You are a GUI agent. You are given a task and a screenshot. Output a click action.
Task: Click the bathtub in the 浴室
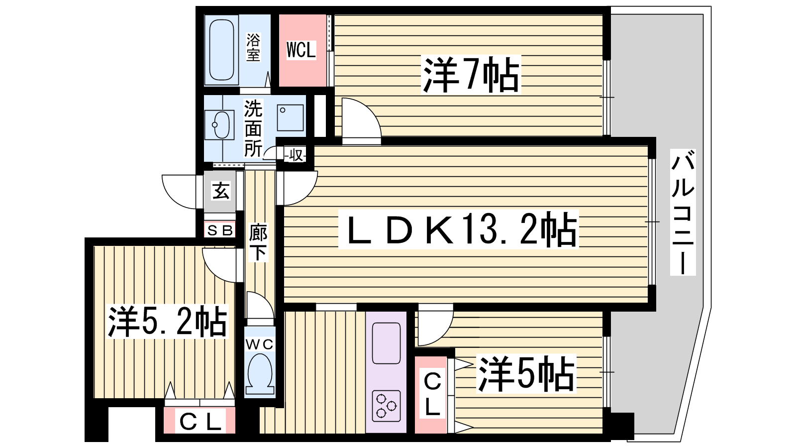click(x=221, y=49)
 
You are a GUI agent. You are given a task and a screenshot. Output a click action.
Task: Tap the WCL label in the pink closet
click(x=301, y=50)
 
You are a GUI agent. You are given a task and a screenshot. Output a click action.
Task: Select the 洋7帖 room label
click(x=471, y=75)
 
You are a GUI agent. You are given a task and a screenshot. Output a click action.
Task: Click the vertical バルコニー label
click(x=683, y=212)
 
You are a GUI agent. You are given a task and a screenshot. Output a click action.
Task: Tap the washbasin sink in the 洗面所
click(x=219, y=125)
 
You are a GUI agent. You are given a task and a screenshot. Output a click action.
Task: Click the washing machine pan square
click(x=290, y=117)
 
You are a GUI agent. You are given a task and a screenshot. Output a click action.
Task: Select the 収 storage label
click(x=296, y=155)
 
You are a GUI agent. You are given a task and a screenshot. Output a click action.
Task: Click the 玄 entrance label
click(x=221, y=191)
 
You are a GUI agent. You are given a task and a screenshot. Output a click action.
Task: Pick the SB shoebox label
click(x=220, y=231)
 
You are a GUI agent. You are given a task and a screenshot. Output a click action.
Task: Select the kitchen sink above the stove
click(x=386, y=343)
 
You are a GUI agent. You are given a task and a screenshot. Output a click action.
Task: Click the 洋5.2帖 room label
click(x=167, y=322)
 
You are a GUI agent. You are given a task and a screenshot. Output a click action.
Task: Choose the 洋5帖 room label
click(x=525, y=373)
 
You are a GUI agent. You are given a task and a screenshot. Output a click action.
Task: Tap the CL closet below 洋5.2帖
click(x=199, y=421)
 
